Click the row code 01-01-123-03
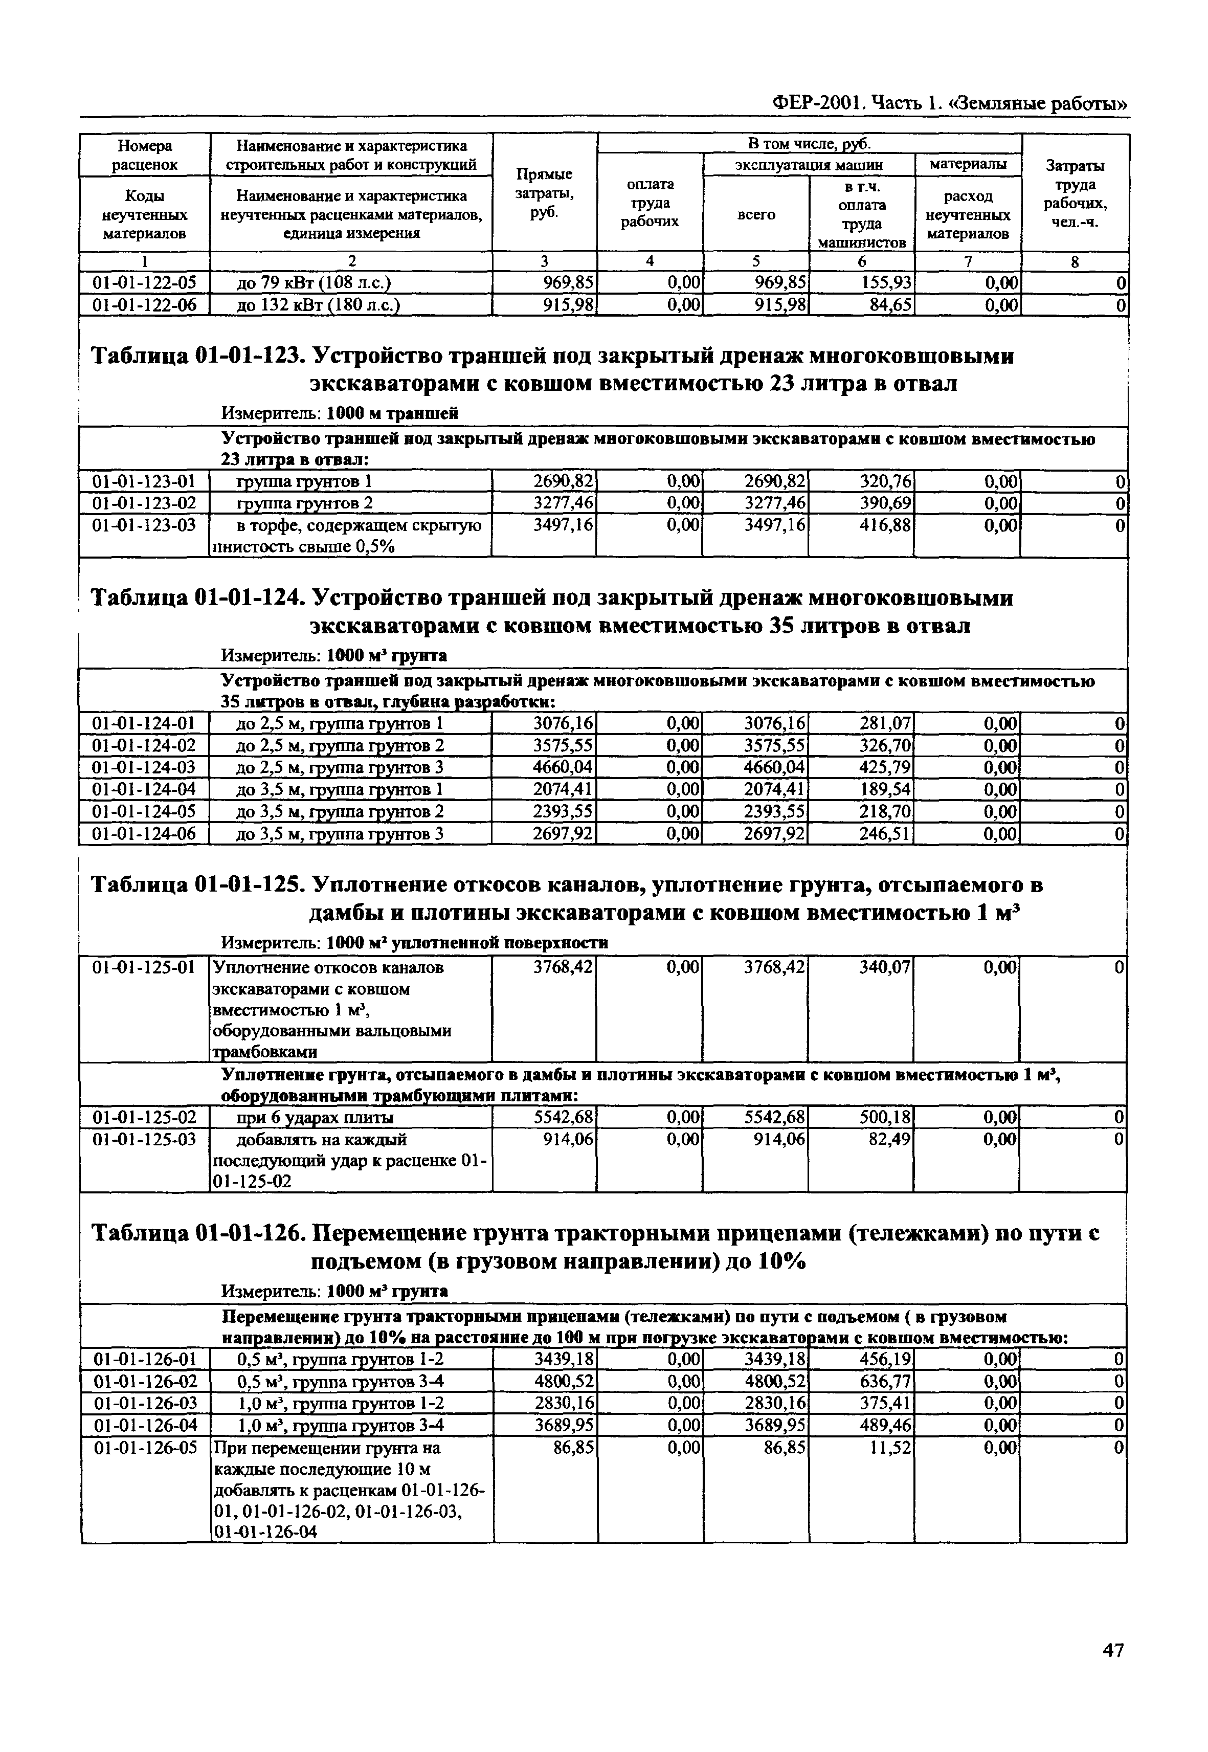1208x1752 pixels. pos(144,525)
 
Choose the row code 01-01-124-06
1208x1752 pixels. pos(144,834)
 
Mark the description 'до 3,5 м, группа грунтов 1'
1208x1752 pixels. pos(339,790)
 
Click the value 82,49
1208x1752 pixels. pos(891,1140)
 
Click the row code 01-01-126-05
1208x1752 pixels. pos(144,1448)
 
